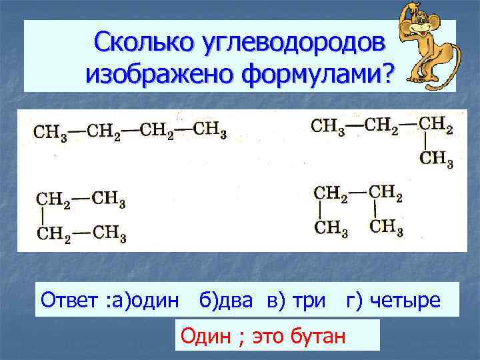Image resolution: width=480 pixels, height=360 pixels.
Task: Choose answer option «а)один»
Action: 144,300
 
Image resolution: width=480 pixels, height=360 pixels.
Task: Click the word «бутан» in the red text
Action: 319,336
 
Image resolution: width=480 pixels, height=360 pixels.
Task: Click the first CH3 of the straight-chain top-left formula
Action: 48,131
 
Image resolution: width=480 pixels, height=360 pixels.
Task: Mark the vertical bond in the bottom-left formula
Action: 43,217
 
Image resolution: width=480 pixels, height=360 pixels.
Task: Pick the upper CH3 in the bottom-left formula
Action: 109,199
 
